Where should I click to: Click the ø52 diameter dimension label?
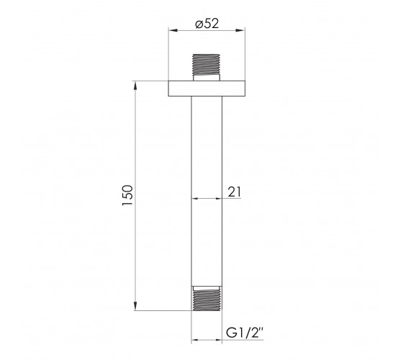point(207,24)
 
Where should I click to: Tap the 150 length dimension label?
point(128,195)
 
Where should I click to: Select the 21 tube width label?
point(235,192)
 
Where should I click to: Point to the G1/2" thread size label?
point(245,333)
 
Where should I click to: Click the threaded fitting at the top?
point(206,64)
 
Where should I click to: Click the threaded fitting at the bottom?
point(207,300)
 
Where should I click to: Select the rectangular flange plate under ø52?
point(207,89)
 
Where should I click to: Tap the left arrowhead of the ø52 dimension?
point(173,30)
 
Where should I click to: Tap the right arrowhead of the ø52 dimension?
point(240,30)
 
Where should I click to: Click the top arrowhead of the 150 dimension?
point(135,86)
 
